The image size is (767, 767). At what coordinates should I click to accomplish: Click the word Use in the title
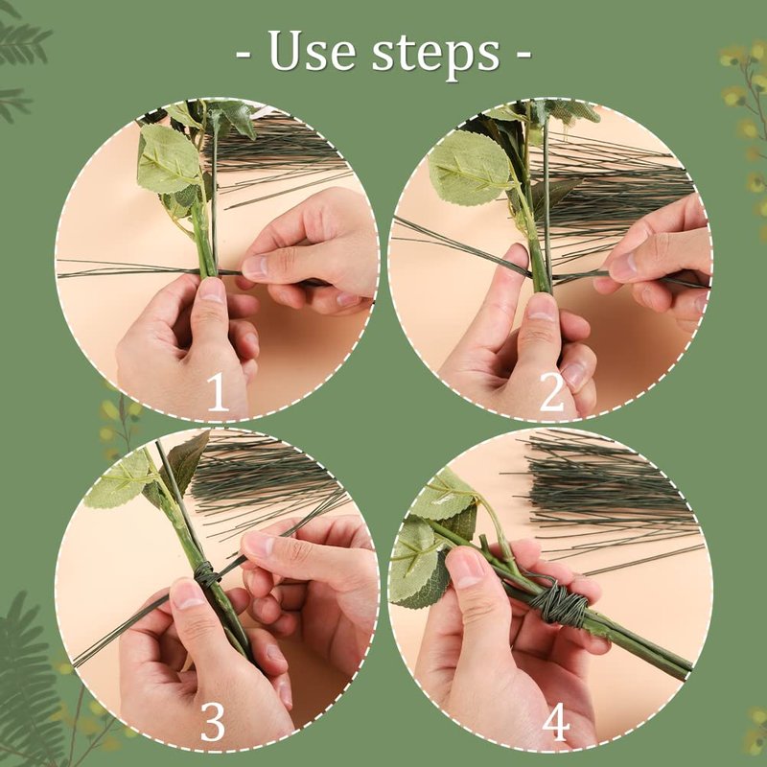coord(312,50)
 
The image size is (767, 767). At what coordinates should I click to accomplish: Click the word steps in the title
coord(435,54)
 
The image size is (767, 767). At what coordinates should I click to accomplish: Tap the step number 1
coord(218,392)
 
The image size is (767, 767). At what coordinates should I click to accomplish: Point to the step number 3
coord(213,722)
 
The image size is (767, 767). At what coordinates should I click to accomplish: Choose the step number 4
coord(556,723)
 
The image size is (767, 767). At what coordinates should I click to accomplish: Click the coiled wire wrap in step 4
coord(558,604)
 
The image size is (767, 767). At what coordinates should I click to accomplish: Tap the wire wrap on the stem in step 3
coord(206,573)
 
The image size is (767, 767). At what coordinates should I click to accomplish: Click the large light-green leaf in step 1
coord(168,158)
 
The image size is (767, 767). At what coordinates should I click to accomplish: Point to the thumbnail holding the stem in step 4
coord(466,567)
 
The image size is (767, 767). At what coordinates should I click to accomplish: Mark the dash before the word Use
coord(244,54)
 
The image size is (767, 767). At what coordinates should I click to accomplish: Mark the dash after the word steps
coord(523,54)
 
